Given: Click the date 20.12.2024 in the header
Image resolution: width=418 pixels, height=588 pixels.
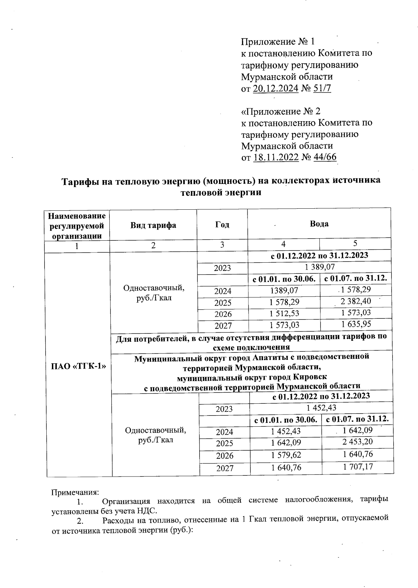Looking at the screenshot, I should pyautogui.click(x=276, y=88).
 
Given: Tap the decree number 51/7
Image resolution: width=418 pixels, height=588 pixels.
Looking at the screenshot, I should pyautogui.click(x=322, y=88).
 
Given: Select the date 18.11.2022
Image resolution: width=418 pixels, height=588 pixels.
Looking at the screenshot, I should pyautogui.click(x=276, y=157).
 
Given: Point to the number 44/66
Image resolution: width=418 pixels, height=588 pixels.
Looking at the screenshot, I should pyautogui.click(x=325, y=157).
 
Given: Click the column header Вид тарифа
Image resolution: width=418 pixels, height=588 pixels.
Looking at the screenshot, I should pyautogui.click(x=153, y=225).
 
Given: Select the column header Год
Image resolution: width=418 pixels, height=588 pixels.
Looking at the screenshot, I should pyautogui.click(x=222, y=225).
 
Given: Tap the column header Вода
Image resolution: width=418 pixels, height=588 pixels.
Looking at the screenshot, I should pyautogui.click(x=319, y=224).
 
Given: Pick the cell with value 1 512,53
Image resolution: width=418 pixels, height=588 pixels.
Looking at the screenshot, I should pyautogui.click(x=284, y=313).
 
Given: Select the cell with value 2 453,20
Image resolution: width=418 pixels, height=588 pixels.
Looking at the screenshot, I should pyautogui.click(x=358, y=442).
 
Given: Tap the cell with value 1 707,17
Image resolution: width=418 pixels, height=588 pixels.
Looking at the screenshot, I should pyautogui.click(x=358, y=466).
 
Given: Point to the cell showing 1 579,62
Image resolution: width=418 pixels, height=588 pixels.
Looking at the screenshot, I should pyautogui.click(x=286, y=455).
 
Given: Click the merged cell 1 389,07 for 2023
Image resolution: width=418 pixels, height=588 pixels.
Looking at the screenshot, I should pyautogui.click(x=319, y=267).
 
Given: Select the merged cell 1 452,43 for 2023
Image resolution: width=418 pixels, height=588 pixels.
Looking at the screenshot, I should pyautogui.click(x=321, y=408).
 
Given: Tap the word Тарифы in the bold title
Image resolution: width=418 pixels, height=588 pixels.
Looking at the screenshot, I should pyautogui.click(x=80, y=181).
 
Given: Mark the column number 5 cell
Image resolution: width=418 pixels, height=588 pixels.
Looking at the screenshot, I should pyautogui.click(x=355, y=243).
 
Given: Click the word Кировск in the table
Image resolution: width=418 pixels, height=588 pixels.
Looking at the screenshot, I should pyautogui.click(x=310, y=377).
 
